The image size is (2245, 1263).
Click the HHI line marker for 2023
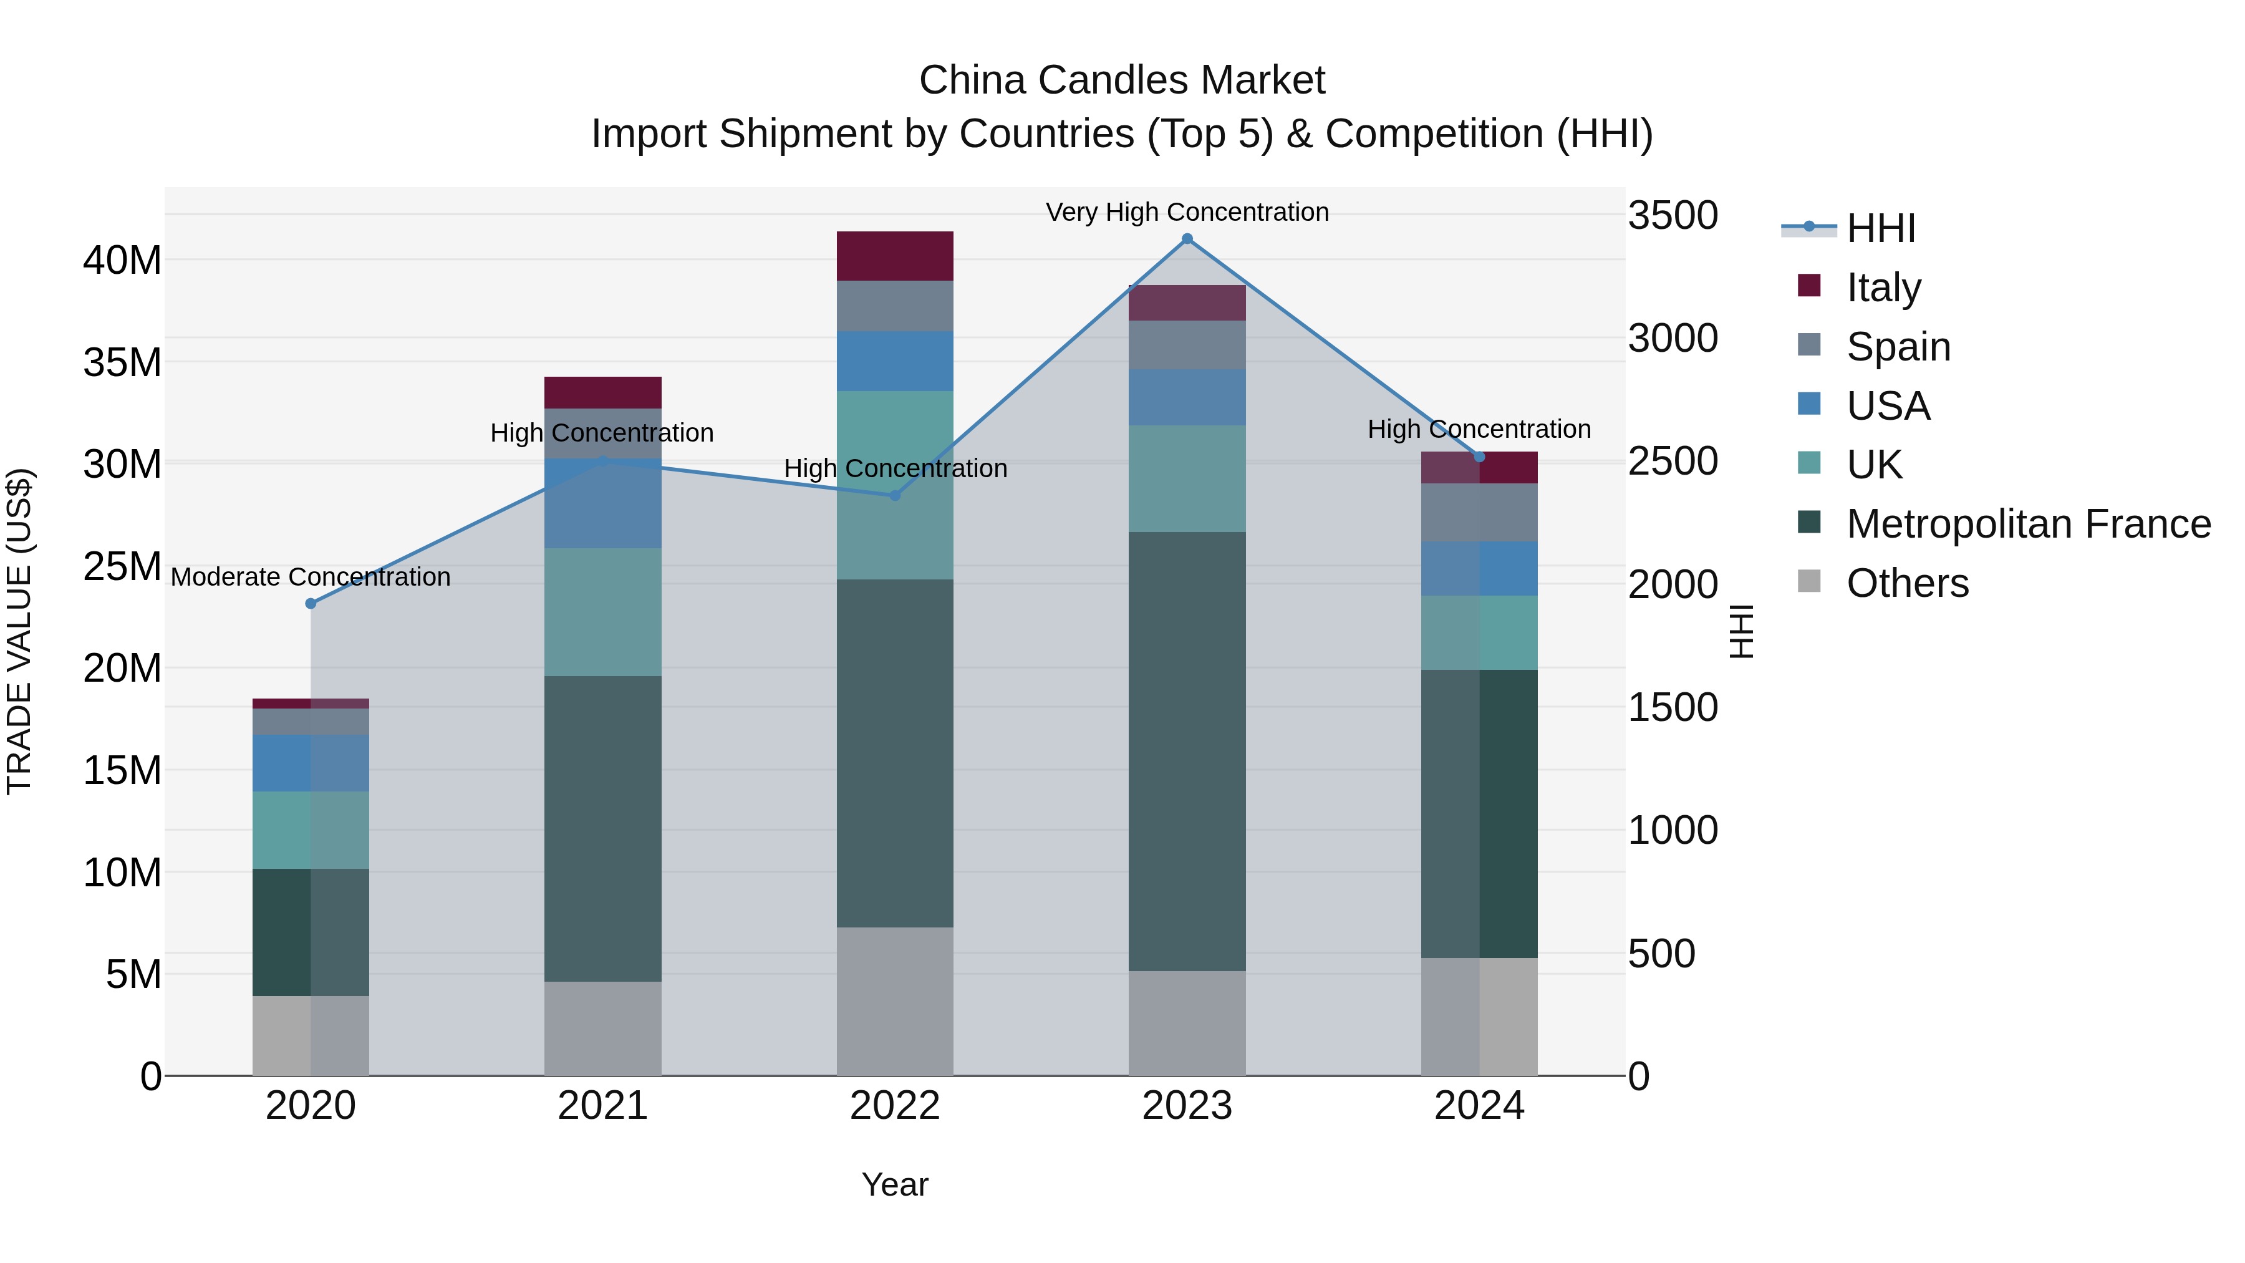[x=1186, y=239]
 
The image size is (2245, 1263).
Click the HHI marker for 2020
[x=311, y=603]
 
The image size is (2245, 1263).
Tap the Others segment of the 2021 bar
[x=602, y=1028]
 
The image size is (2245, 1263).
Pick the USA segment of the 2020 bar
[x=311, y=763]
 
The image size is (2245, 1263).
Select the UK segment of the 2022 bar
[x=894, y=485]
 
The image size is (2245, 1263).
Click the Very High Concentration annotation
[x=1186, y=212]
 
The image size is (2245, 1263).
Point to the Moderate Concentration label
[x=311, y=577]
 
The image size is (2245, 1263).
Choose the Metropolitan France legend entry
[x=2027, y=524]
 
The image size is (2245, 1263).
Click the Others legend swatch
[x=1808, y=581]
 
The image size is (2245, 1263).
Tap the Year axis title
[x=894, y=1184]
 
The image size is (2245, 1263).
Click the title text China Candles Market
[x=1122, y=80]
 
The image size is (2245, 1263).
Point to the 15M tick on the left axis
[x=122, y=770]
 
